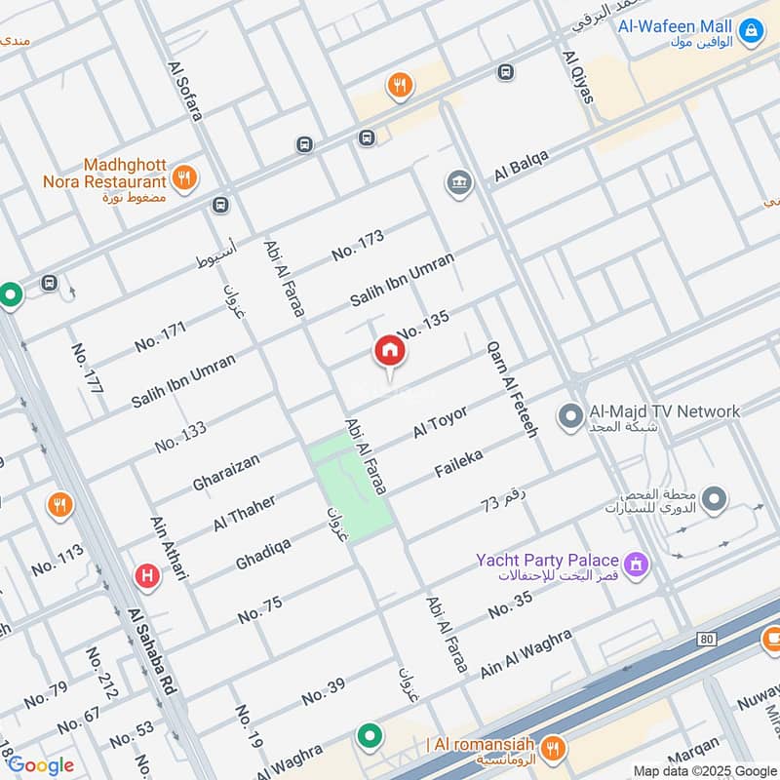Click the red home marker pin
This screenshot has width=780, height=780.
[x=388, y=352]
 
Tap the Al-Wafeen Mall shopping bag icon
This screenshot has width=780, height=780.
[x=751, y=32]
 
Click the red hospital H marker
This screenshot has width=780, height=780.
[x=147, y=576]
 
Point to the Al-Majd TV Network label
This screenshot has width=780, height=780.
[x=664, y=411]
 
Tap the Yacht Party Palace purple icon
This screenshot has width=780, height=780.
[x=637, y=564]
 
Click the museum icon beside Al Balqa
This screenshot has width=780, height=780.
[x=458, y=182]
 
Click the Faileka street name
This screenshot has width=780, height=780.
[x=458, y=464]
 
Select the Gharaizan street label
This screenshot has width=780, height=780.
[x=227, y=470]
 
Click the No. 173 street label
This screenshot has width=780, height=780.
[x=358, y=245]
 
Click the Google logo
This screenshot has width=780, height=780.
[x=40, y=765]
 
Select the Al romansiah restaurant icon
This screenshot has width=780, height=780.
[x=554, y=748]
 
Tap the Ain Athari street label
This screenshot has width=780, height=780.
[x=168, y=548]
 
